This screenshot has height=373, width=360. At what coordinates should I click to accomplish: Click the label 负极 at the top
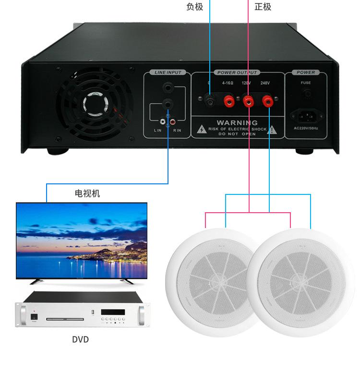pos(194,7)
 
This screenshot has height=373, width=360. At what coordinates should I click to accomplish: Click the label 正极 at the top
pos(263,7)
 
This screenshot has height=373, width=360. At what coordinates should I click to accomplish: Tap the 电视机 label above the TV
pos(87,193)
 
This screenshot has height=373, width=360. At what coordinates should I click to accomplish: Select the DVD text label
pos(81,339)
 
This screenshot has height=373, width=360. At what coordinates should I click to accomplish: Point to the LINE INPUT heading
pos(168,72)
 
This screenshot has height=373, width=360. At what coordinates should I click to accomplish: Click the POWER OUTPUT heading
pos(238,72)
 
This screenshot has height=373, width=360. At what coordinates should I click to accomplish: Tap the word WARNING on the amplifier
pos(237,123)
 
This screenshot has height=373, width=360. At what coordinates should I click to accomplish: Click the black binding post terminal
pos(209,101)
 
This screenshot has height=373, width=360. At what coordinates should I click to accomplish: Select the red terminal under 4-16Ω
pos(228,101)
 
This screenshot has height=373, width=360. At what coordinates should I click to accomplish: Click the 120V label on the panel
pos(246,83)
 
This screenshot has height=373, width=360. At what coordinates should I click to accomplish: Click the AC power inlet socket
pos(306,115)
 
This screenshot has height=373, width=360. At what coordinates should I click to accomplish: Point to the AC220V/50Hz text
pos(306,129)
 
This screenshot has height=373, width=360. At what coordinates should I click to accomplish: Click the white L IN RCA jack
pos(163,122)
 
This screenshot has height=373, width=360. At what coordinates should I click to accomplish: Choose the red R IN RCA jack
pos(172,122)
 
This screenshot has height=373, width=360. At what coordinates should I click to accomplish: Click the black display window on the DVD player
pos(112,312)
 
